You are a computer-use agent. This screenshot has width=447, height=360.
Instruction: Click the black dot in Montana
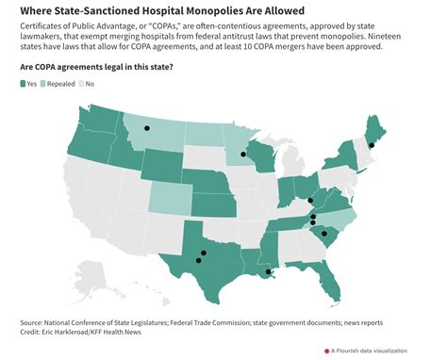tap(147, 128)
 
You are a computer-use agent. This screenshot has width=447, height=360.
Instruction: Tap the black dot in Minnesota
tap(243, 154)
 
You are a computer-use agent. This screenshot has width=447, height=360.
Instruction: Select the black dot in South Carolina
tap(323, 233)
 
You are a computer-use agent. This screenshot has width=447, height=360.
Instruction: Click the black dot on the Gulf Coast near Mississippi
tap(269, 272)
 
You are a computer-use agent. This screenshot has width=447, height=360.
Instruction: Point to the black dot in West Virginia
tap(310, 200)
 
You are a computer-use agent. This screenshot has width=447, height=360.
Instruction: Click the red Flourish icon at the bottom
tap(326, 351)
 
